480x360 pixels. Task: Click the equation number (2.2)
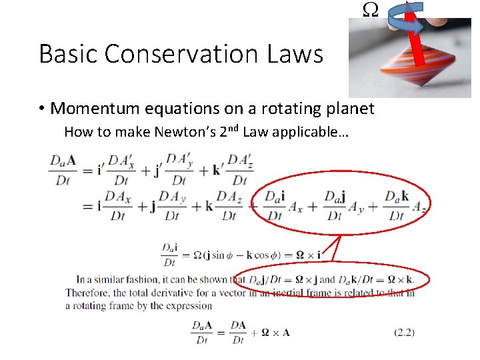[x=404, y=331]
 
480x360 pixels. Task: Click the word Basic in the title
[x=66, y=53]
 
